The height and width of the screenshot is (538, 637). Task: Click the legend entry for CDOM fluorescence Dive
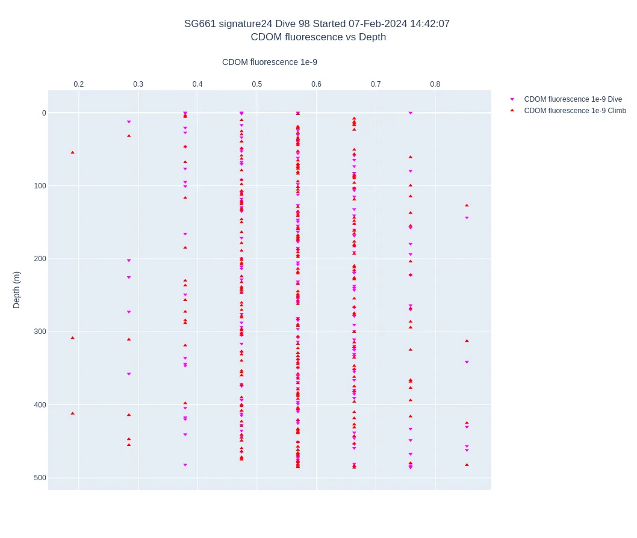point(573,99)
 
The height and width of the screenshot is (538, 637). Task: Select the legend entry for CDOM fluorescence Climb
point(574,111)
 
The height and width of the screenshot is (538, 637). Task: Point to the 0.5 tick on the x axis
point(257,84)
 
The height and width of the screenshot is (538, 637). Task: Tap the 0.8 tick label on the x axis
point(435,84)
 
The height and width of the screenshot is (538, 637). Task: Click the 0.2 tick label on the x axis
point(79,84)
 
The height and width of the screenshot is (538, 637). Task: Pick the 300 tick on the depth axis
point(40,332)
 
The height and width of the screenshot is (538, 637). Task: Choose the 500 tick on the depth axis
point(40,478)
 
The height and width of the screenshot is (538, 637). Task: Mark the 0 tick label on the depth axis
point(44,113)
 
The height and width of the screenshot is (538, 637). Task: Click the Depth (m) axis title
point(17,289)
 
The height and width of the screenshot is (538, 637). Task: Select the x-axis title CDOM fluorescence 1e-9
point(269,62)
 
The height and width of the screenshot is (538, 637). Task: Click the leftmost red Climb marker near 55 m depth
point(73,152)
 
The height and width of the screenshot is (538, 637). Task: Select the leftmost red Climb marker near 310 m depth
point(73,338)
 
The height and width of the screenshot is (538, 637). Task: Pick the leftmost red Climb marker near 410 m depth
point(73,413)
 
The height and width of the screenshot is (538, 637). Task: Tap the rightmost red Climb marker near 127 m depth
point(467,205)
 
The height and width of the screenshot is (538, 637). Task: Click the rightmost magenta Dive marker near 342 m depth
point(467,362)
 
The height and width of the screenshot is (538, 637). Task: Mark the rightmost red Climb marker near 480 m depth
point(467,465)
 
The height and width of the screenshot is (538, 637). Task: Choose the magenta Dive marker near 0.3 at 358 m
point(129,374)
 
